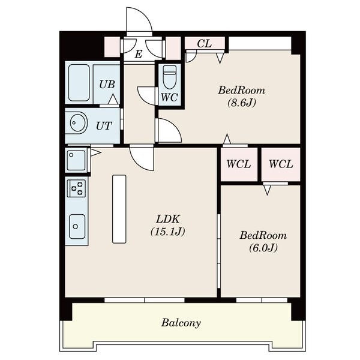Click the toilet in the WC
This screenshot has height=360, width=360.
coord(170,77)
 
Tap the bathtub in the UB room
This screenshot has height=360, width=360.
coord(79,83)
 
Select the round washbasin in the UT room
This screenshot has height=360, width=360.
coord(78,122)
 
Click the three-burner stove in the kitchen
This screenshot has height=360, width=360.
coord(76,188)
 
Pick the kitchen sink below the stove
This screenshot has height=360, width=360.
coord(77,226)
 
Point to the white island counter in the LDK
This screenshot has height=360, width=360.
coord(119,209)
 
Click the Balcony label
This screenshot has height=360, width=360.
coord(181,323)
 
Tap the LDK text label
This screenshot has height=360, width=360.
coord(167,219)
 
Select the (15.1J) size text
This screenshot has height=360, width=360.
coord(168,232)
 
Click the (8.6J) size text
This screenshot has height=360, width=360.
coord(242,103)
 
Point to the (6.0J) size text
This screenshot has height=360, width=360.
coord(263,247)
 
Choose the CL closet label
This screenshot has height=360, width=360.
coord(205,43)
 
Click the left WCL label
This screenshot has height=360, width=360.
coord(239,164)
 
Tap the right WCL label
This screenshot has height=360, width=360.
coord(281,164)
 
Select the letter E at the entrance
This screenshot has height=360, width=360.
coord(139,55)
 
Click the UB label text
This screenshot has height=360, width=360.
coord(107,85)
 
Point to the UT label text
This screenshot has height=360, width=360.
coord(104,126)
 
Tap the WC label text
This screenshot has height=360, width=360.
coord(169,97)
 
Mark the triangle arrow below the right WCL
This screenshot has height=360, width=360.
coord(267,190)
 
